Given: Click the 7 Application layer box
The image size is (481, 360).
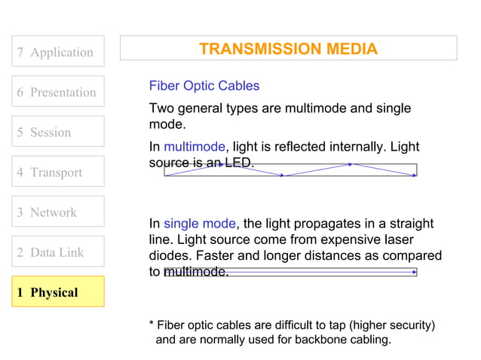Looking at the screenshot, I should tap(58, 52).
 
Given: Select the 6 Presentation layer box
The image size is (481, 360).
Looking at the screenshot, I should tap(58, 92).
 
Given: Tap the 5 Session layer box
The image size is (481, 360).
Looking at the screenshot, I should tap(58, 132).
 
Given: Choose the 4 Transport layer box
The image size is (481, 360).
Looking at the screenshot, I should tap(58, 172).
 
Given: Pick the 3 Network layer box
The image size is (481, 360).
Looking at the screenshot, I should tap(58, 212).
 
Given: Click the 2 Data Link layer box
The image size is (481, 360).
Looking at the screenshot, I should tap(58, 252).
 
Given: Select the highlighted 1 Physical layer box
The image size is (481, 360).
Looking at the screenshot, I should tap(58, 291).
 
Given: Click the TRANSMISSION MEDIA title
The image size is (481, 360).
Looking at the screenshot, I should tap(288, 50).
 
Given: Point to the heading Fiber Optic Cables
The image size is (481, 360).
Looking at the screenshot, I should tap(204, 86).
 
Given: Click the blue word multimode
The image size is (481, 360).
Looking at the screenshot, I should tap(194, 146).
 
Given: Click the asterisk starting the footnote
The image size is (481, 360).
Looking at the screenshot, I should tap(152, 325).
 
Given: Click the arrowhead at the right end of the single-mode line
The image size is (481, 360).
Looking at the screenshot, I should tap(414, 273).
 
